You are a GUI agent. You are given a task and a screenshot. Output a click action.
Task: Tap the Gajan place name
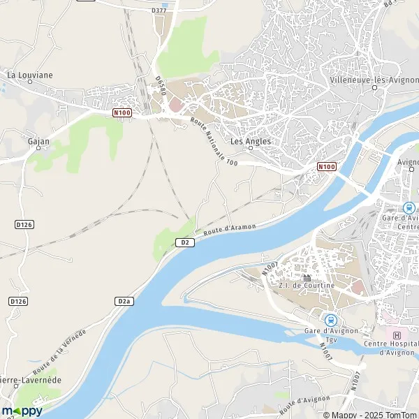pyautogui.click(x=38, y=140)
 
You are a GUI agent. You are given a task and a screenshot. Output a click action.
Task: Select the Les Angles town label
pyautogui.click(x=250, y=141)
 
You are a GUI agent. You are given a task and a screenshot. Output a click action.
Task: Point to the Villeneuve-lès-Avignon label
pyautogui.click(x=369, y=80)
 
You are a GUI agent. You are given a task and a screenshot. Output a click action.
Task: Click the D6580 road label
pyautogui.click(x=160, y=89)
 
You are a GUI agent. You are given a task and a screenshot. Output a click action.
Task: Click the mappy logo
pyautogui.click(x=22, y=411)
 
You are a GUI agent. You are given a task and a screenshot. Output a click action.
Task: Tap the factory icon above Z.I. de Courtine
pyautogui.click(x=307, y=277)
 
